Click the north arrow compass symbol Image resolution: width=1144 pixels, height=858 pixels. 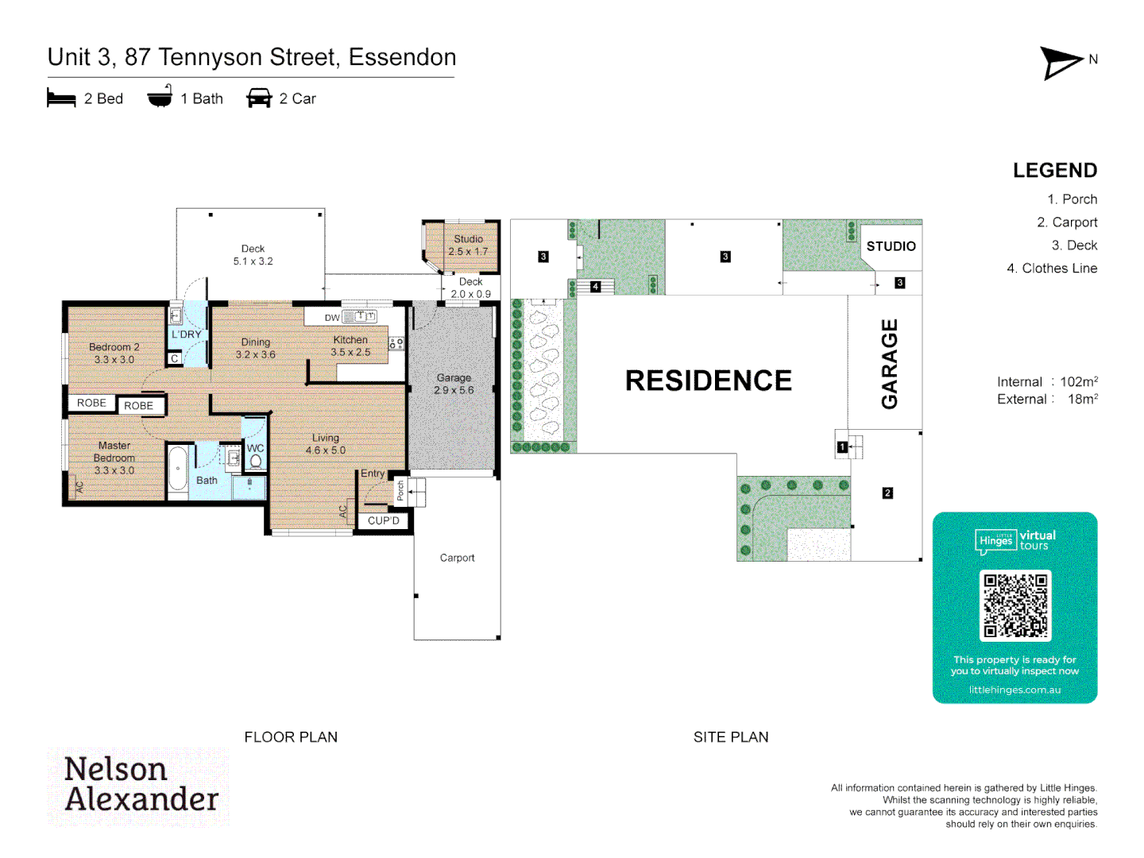(x=1061, y=63)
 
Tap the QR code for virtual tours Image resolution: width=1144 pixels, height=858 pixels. (x=1015, y=605)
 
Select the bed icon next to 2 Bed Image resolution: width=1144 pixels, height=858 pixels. (x=61, y=99)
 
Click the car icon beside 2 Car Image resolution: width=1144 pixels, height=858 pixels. (x=259, y=99)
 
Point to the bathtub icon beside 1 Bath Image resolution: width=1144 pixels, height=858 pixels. (x=160, y=97)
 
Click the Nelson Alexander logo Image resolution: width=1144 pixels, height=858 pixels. (x=140, y=785)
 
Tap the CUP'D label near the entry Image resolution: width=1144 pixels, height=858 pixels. (x=383, y=521)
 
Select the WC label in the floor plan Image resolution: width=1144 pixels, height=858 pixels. (x=255, y=448)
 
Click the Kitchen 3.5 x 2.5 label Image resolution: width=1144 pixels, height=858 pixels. (x=350, y=346)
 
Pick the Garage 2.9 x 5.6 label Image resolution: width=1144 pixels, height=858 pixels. (x=454, y=384)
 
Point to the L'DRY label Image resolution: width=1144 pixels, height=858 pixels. (x=187, y=334)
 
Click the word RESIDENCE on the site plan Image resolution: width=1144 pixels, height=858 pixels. (x=708, y=381)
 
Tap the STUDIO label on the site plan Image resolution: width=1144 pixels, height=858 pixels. (x=891, y=246)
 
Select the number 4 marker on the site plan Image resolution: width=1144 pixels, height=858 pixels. (x=595, y=287)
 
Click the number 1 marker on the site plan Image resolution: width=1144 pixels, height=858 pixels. (x=841, y=447)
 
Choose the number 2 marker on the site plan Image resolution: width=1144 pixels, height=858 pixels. (x=887, y=493)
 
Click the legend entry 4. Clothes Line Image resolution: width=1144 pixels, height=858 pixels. (x=1052, y=269)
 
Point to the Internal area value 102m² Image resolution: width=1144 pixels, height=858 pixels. (x=1079, y=382)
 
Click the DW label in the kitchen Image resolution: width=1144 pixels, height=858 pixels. (x=332, y=318)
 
